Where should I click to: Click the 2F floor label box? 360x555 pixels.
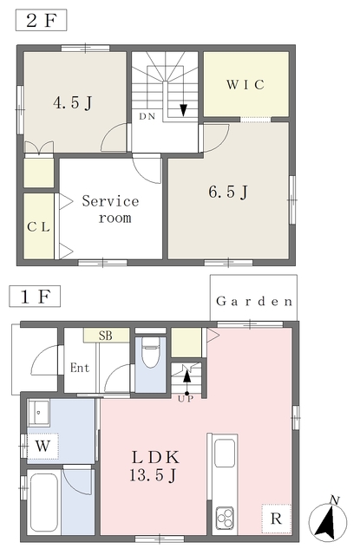click(41, 21)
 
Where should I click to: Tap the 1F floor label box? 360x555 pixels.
click(35, 297)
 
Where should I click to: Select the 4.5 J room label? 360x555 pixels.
click(73, 102)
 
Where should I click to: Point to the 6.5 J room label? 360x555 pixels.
click(228, 192)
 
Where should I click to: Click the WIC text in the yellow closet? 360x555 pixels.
click(245, 85)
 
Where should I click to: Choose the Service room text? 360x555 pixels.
click(110, 209)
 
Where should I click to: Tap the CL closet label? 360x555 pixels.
click(38, 227)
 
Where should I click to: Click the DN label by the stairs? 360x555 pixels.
click(147, 116)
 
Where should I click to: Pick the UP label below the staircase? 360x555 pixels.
click(186, 399)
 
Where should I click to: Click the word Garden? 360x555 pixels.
click(254, 301)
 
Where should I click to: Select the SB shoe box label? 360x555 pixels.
click(106, 336)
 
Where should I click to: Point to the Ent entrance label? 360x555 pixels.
click(80, 368)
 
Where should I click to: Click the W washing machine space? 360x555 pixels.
click(43, 446)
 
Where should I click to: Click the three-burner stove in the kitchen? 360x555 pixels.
click(225, 519)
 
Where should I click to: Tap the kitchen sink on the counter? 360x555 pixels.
click(225, 453)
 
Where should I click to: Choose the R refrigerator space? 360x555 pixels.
click(276, 519)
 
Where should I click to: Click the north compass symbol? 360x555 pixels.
click(328, 521)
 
